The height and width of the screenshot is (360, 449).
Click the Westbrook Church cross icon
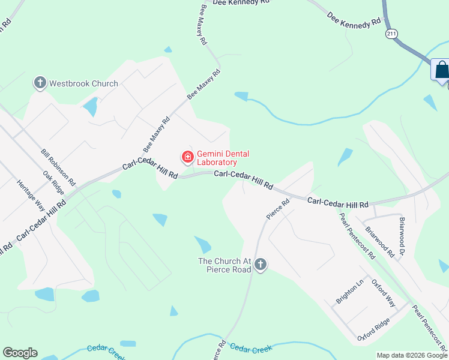coord(41,83)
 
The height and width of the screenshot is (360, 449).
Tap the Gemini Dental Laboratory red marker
coord(188,157)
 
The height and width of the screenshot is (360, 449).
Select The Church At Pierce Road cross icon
coord(261,264)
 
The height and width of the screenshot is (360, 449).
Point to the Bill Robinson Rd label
coord(58,167)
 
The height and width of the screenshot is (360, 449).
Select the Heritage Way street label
coord(31,195)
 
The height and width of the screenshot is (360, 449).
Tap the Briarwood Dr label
coord(403,229)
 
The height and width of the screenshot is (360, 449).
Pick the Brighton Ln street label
coord(346,292)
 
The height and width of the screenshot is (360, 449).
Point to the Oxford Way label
coord(383,293)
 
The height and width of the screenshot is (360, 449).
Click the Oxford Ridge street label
coord(373,329)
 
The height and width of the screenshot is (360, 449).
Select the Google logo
coord(20,353)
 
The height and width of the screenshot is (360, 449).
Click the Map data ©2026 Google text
coord(412,355)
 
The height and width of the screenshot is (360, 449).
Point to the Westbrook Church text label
coord(83,83)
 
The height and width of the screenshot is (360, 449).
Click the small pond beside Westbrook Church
coord(91,107)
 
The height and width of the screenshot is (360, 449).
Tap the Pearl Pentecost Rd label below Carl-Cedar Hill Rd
coord(357,236)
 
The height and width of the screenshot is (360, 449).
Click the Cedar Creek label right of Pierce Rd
coord(251,348)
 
